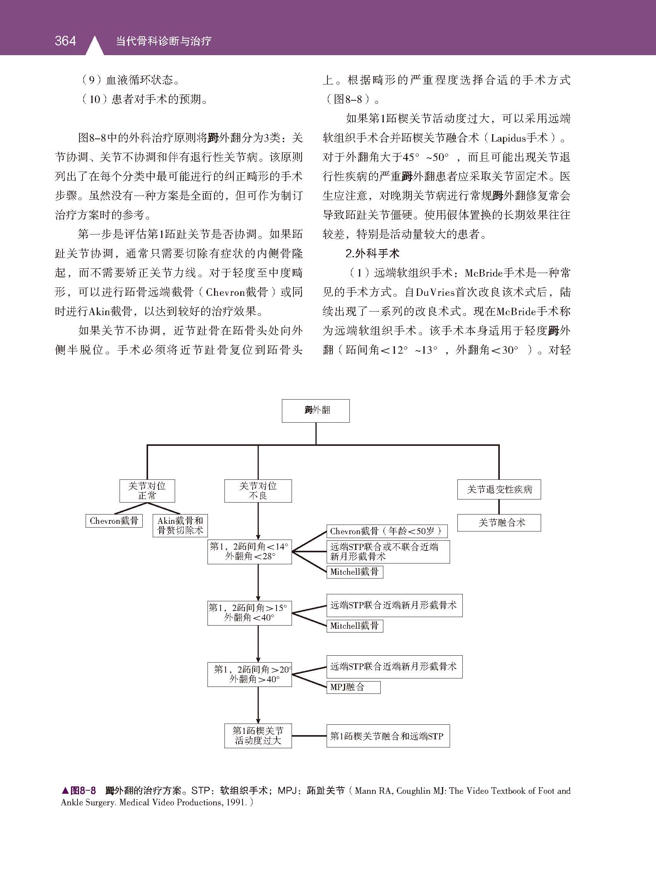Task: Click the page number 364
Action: [65, 40]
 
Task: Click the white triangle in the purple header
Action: [94, 46]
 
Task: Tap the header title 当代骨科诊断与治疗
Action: [164, 41]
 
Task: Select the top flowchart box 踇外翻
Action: [316, 411]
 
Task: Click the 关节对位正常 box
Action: [147, 491]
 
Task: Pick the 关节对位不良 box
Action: [258, 491]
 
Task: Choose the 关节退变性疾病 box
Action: [499, 489]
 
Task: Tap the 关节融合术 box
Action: [499, 523]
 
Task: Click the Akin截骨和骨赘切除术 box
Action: [180, 525]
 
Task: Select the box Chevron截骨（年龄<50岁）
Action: [387, 531]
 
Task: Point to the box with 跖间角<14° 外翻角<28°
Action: [250, 552]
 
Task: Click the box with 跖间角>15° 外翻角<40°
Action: [250, 613]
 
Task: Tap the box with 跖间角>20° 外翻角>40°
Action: [250, 674]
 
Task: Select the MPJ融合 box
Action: [353, 687]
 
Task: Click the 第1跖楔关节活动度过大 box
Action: [258, 736]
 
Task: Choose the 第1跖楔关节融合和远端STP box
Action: [388, 736]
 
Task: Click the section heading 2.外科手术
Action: [373, 253]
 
